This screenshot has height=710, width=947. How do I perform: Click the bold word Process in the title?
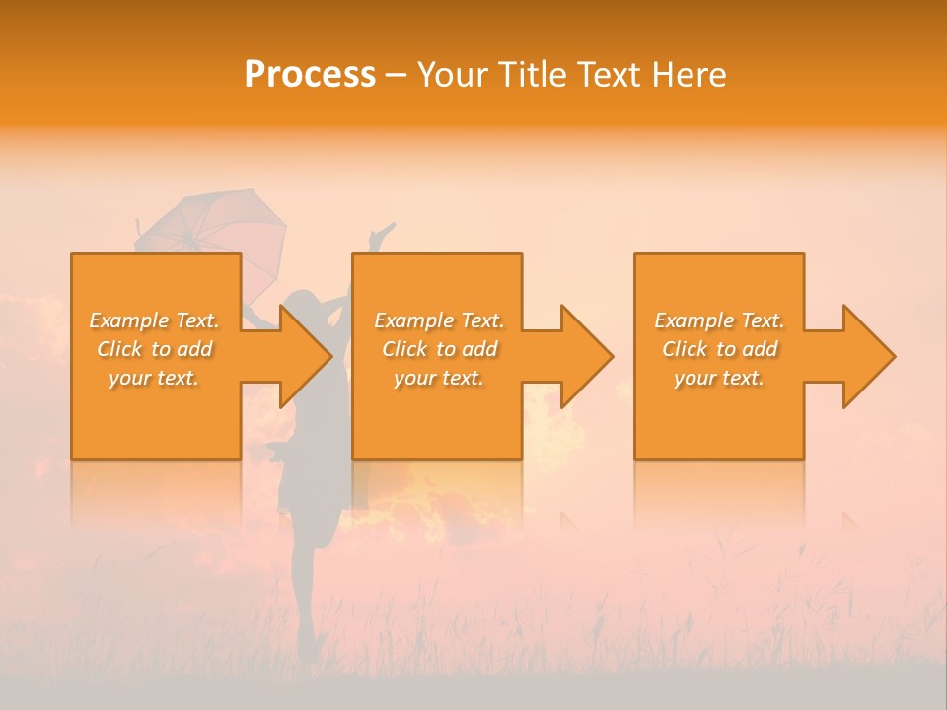[x=310, y=75]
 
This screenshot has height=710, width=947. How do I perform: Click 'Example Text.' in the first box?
[x=155, y=320]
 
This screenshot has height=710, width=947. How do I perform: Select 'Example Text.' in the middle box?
[x=439, y=320]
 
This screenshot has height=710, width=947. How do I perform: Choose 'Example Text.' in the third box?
[x=719, y=320]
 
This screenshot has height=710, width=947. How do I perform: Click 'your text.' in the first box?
[x=154, y=378]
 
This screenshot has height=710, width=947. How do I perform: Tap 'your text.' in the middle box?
[x=439, y=378]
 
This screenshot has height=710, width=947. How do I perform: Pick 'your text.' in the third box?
[x=719, y=378]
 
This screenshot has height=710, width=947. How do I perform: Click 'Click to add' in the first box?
[x=155, y=349]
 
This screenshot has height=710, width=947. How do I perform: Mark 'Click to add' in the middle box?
[x=439, y=349]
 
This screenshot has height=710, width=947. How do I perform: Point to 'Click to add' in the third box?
[x=719, y=349]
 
